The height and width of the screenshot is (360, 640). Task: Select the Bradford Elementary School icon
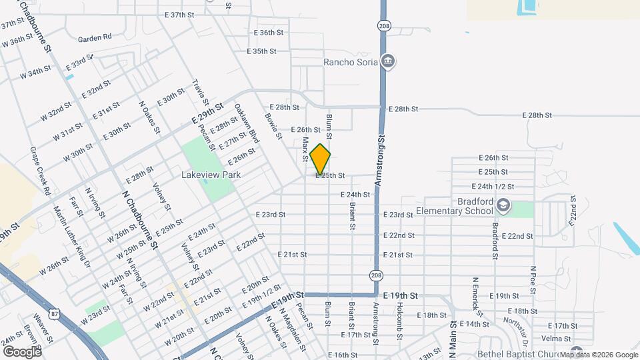pyautogui.click(x=501, y=206)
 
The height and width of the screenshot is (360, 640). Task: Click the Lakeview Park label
pyautogui.click(x=211, y=175)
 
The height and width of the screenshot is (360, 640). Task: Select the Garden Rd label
pyautogui.click(x=94, y=37)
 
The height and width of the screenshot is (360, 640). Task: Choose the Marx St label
pyautogui.click(x=305, y=149)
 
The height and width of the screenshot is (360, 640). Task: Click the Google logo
pyautogui.click(x=21, y=351)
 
